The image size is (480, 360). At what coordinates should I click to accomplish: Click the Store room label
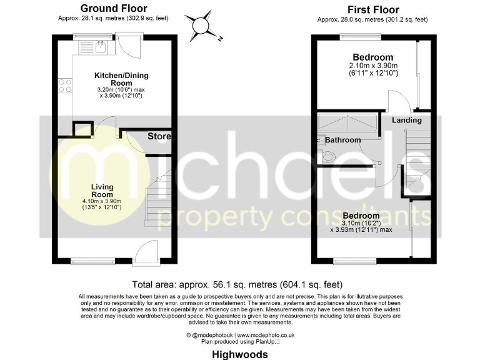(x=159, y=136)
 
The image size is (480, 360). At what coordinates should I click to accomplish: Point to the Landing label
(x=406, y=120)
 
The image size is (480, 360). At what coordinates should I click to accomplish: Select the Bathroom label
(x=343, y=140)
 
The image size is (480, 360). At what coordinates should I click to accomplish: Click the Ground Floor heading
(x=114, y=8)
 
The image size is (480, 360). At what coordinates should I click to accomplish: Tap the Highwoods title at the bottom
(x=239, y=354)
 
